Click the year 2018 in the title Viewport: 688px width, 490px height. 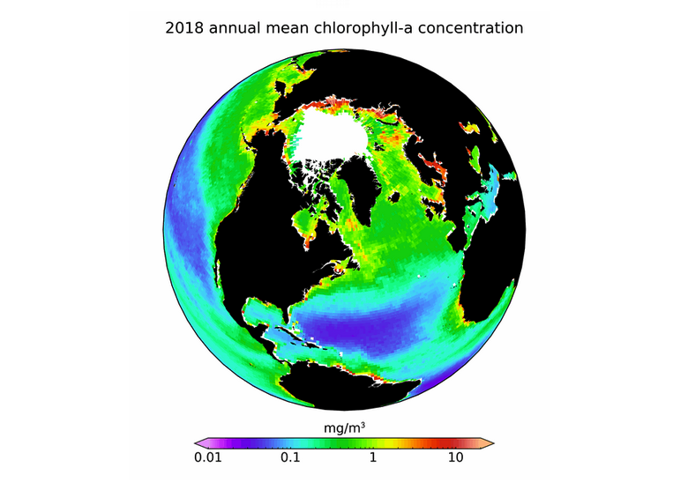183,28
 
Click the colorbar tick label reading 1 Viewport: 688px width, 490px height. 373,458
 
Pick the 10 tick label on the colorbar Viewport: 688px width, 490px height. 455,458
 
